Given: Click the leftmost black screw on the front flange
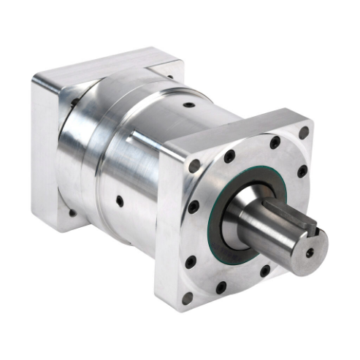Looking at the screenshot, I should pyautogui.click(x=193, y=207).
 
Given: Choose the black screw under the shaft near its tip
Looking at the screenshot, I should pyautogui.click(x=265, y=272).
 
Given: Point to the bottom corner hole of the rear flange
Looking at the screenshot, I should pyautogui.click(x=71, y=212).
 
